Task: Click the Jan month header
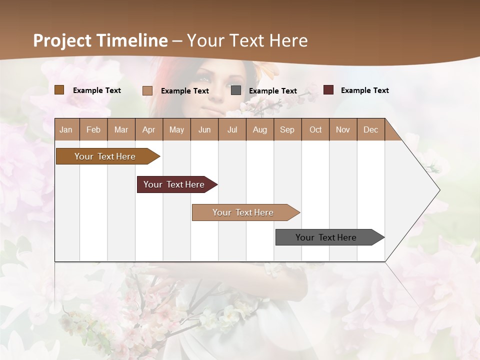pos(66,129)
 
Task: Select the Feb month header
pos(93,129)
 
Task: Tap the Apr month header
pos(148,129)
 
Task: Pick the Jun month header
pos(204,129)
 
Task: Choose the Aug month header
pos(259,129)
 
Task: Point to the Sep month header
pos(287,129)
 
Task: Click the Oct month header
pos(315,129)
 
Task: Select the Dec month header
pos(370,129)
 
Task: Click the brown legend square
pos(59,90)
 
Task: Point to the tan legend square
pos(147,90)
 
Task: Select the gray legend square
pos(236,90)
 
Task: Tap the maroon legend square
pos(328,90)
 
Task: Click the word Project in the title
pos(62,40)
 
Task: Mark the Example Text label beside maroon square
pos(364,90)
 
